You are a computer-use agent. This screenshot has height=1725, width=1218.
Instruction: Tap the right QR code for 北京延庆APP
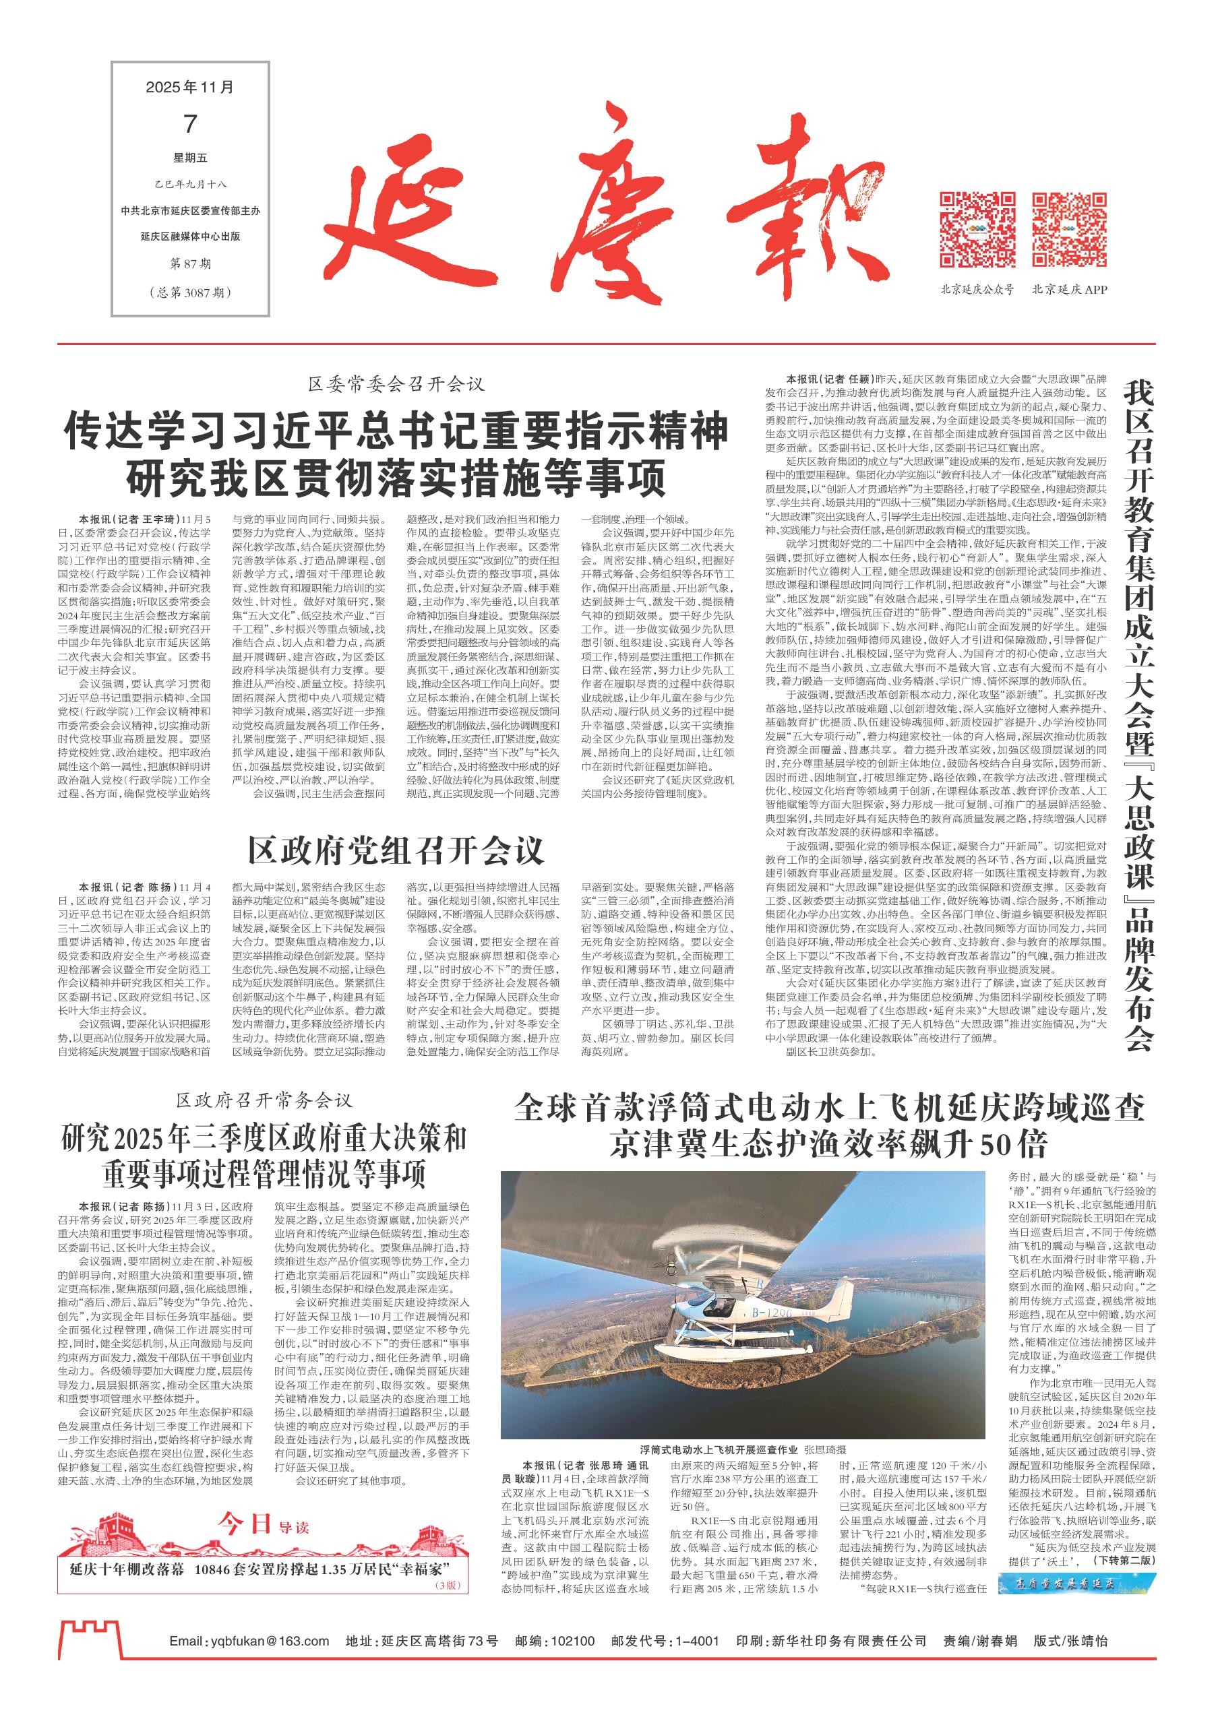(1069, 230)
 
